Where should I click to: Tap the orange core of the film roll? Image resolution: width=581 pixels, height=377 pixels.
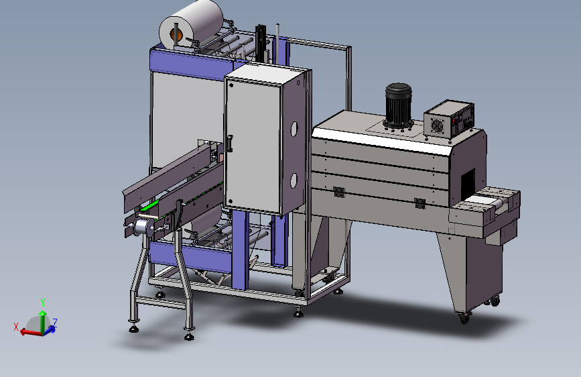(x=176, y=35)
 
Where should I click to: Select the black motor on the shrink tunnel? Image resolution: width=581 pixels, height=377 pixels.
(x=398, y=105)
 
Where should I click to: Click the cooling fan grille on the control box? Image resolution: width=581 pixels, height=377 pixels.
(x=436, y=125)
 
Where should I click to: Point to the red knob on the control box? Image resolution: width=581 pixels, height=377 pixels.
(x=456, y=120)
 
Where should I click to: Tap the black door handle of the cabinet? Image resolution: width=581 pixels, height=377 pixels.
(x=230, y=144)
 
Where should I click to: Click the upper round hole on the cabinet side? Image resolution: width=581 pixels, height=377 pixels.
(x=294, y=129)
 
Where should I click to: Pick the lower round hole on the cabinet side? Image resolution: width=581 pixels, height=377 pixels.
(x=294, y=180)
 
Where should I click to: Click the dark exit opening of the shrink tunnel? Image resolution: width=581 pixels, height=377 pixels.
(x=468, y=184)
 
